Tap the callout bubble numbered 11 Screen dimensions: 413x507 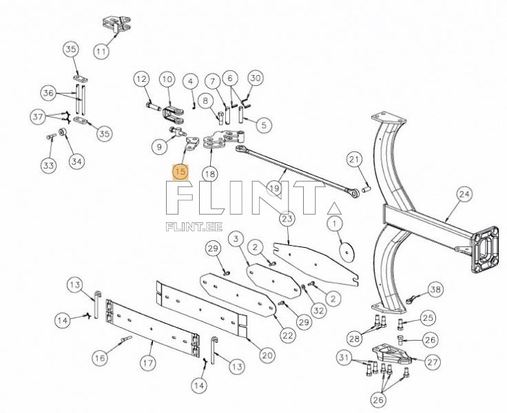coord(102,50)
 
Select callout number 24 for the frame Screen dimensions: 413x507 coord(464,195)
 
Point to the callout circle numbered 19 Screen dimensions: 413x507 coord(274,187)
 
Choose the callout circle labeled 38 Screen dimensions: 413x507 coord(435,289)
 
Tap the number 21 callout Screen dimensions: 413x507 coord(353,160)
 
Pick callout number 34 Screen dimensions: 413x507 coord(76,162)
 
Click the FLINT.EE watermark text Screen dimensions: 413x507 coord(189,224)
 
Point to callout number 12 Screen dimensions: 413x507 coord(141,79)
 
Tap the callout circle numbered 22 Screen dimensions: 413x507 coord(287,335)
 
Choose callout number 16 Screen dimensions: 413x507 coord(101,357)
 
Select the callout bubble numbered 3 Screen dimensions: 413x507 coord(236,239)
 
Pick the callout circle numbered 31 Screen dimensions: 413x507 coord(344,357)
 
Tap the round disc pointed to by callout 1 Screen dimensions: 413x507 coord(346,251)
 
